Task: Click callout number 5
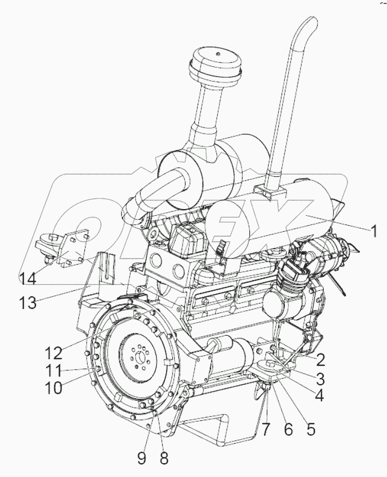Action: click(x=310, y=429)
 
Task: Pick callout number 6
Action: click(x=288, y=429)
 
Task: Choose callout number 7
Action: click(x=267, y=429)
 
